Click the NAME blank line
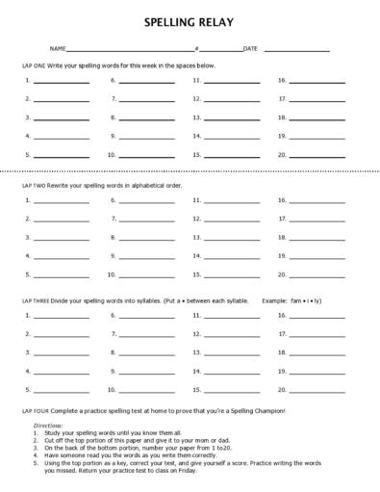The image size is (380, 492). (129, 48)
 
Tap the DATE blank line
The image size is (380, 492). (296, 48)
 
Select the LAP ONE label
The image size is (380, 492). (35, 64)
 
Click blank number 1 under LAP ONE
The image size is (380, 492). (61, 81)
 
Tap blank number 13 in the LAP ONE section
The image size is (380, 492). (231, 117)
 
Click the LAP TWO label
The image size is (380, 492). (36, 183)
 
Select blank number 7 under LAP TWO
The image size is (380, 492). (146, 219)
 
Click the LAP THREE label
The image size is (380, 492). (38, 300)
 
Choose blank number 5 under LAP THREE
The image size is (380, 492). (61, 390)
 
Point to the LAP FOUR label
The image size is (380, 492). (36, 411)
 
